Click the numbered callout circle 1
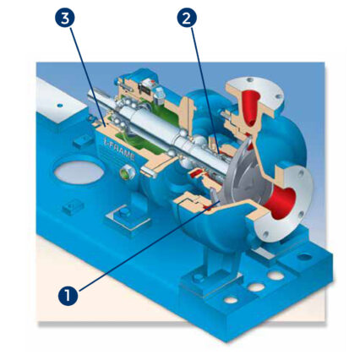(x=68, y=295)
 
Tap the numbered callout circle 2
(x=187, y=18)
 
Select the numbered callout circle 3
(x=65, y=18)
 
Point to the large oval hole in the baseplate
(x=79, y=172)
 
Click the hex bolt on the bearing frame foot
(x=124, y=212)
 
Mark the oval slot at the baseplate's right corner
(x=304, y=257)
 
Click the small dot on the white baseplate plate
(x=59, y=106)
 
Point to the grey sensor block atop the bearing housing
(x=158, y=92)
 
